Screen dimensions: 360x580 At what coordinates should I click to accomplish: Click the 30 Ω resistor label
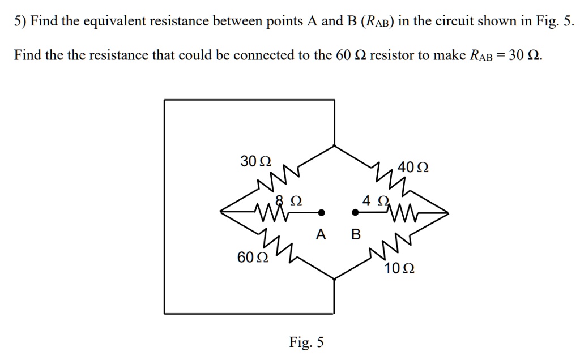click(255, 161)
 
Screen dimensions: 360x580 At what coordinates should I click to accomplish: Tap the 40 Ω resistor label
click(413, 168)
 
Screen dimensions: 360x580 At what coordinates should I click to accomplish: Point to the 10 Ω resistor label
click(399, 269)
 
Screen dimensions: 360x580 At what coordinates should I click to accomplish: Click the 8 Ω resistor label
click(288, 200)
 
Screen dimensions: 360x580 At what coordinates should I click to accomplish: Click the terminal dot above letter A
click(321, 213)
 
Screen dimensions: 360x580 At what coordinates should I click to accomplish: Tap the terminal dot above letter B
click(355, 213)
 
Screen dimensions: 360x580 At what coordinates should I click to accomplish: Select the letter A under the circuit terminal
click(321, 234)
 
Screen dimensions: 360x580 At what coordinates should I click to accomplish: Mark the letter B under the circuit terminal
click(356, 234)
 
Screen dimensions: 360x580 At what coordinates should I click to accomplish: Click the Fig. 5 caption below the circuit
click(306, 342)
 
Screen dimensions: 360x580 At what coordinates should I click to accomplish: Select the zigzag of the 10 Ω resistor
click(391, 247)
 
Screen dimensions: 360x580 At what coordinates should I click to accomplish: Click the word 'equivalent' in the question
click(115, 22)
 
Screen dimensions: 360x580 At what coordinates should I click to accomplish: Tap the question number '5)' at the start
click(20, 22)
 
